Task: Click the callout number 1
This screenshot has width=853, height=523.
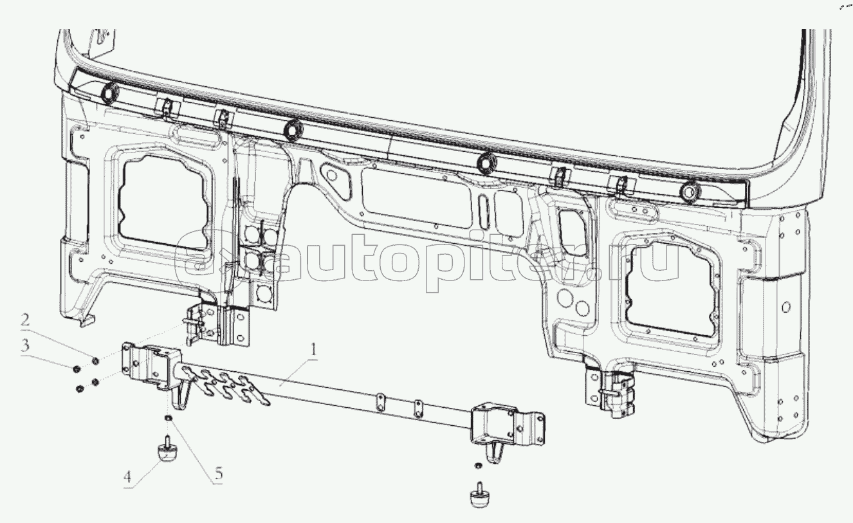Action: [x=313, y=350]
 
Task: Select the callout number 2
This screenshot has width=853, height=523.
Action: [x=24, y=320]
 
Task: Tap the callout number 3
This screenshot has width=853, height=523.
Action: [x=25, y=346]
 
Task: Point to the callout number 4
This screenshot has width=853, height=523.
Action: [x=127, y=477]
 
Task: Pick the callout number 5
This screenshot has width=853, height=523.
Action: [x=219, y=474]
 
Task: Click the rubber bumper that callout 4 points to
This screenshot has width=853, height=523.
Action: [x=167, y=450]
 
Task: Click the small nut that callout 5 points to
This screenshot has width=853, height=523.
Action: [x=168, y=418]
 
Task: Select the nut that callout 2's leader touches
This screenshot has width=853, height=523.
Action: [x=96, y=361]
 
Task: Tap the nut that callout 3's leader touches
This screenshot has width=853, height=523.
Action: [x=76, y=369]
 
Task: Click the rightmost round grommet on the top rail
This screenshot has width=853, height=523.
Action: [x=690, y=192]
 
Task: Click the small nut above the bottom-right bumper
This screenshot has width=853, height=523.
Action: [x=477, y=466]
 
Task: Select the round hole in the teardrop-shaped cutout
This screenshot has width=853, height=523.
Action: [x=332, y=175]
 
